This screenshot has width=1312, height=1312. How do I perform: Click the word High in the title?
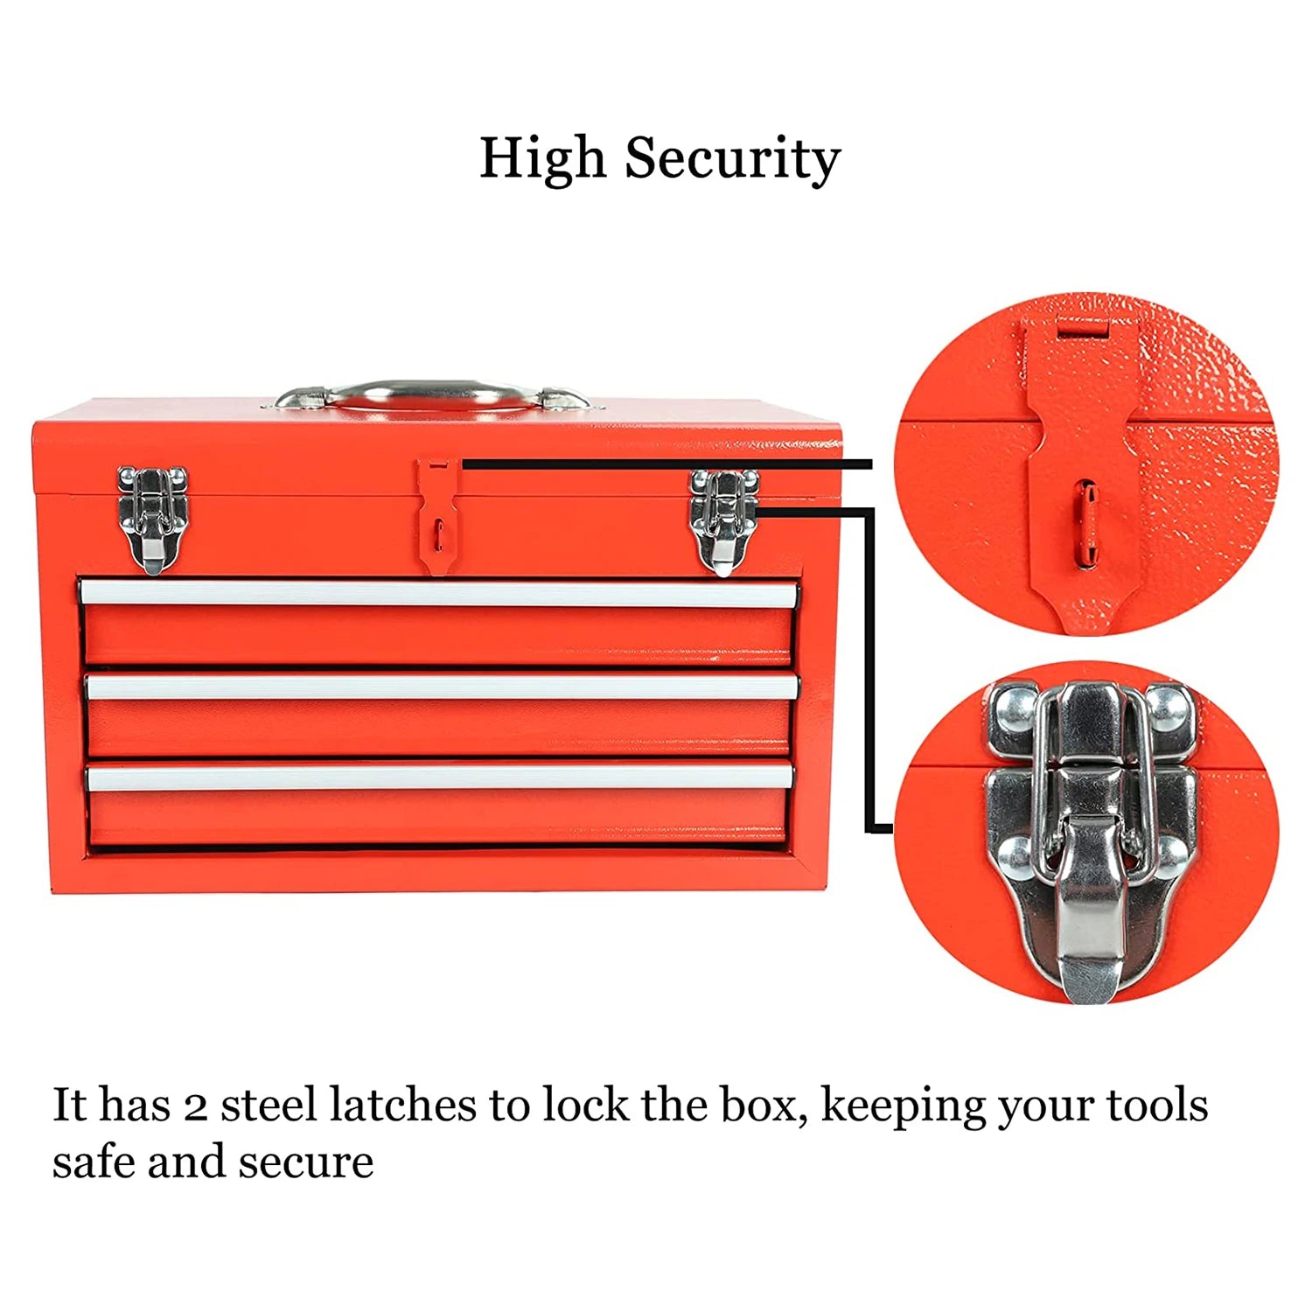coord(541,158)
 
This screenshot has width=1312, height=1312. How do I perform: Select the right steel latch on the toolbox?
coord(722,520)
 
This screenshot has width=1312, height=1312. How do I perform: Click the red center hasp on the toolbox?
coord(438,516)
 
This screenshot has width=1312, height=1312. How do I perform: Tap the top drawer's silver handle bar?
coord(437,594)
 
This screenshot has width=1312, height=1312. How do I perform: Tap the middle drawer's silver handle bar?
coord(442,687)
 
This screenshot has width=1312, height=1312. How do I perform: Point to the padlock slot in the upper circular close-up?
coord(1085,521)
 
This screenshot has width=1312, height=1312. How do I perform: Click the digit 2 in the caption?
coord(195,1106)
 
